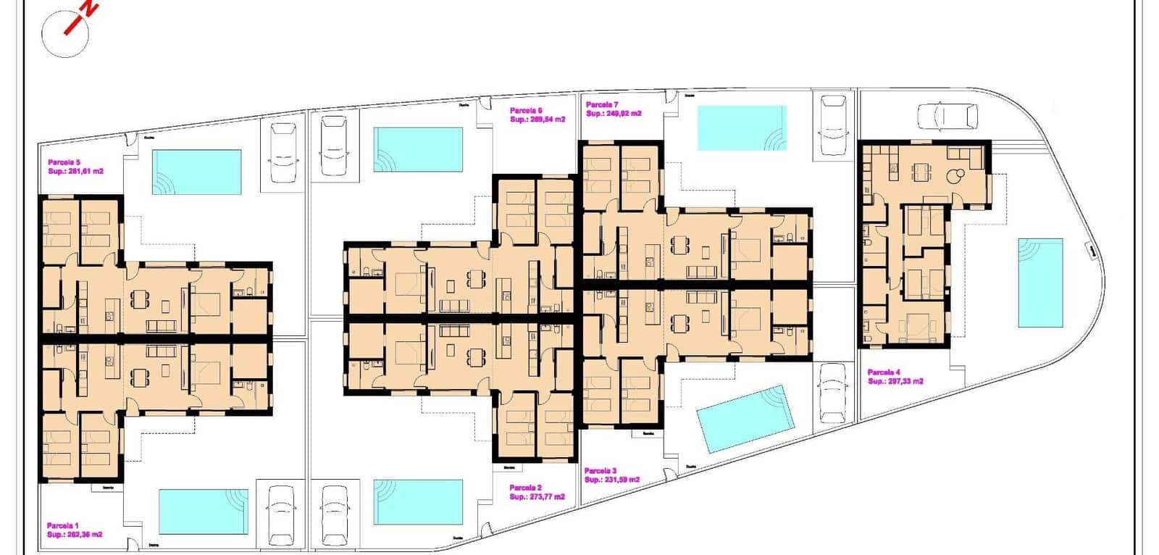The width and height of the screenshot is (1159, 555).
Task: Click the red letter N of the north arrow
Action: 88,8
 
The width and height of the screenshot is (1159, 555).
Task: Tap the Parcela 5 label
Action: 64,162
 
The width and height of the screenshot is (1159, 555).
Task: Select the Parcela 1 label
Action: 63,526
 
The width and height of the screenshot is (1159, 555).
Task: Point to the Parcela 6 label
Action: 526,111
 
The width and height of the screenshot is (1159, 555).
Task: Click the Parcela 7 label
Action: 602,105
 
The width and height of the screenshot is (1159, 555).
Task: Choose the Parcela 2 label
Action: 525,488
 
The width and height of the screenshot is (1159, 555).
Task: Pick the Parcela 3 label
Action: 601,471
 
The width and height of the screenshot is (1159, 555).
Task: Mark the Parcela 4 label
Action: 884,372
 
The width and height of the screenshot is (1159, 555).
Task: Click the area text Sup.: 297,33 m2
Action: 895,382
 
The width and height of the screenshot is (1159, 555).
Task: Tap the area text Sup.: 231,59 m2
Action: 612,480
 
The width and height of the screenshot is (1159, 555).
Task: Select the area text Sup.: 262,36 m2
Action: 75,535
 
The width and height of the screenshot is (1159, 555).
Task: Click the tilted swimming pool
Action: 745,419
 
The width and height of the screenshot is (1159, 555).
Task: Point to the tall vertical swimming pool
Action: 1040,283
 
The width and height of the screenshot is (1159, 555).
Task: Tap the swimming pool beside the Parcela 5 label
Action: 196,172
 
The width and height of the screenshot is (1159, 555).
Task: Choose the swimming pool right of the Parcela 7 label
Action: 741,128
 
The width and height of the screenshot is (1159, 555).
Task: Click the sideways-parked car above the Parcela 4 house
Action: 947,115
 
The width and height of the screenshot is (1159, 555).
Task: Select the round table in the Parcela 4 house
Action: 956,175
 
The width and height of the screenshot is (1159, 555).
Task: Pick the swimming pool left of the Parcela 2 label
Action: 418,501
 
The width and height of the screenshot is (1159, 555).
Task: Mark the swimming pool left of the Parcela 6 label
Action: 418,150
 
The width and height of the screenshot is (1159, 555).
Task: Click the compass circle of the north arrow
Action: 64,34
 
